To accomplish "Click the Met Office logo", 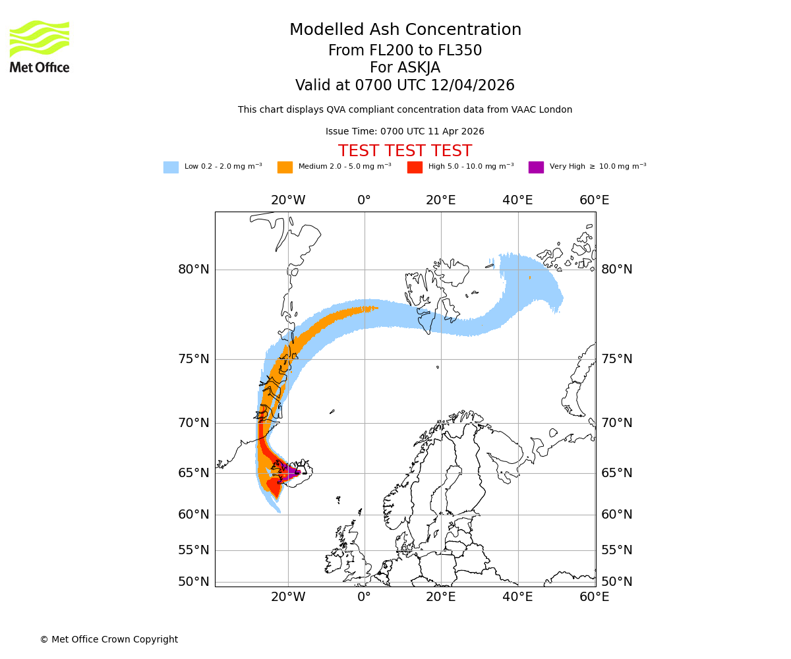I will (x=40, y=46).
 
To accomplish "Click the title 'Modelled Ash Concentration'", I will (x=405, y=30).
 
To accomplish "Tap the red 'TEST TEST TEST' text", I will (x=405, y=151).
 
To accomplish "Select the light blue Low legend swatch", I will (x=171, y=167).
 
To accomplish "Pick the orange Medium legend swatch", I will (x=285, y=167).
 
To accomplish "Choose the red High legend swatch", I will (x=415, y=167).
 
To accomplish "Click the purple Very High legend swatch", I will (x=536, y=167).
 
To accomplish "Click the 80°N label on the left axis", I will (x=193, y=269).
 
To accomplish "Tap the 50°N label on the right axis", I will (x=616, y=581).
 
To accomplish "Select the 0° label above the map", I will (x=364, y=200).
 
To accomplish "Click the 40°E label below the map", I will (x=517, y=597).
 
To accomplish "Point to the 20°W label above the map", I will (x=288, y=200).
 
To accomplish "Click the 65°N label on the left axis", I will (x=193, y=473).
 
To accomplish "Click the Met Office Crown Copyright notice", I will (x=109, y=639).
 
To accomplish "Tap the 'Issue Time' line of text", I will (x=405, y=131).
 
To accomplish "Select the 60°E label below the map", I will (x=594, y=597).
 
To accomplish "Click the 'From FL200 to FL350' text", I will (x=405, y=51).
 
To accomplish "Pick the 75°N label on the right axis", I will (x=616, y=358).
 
